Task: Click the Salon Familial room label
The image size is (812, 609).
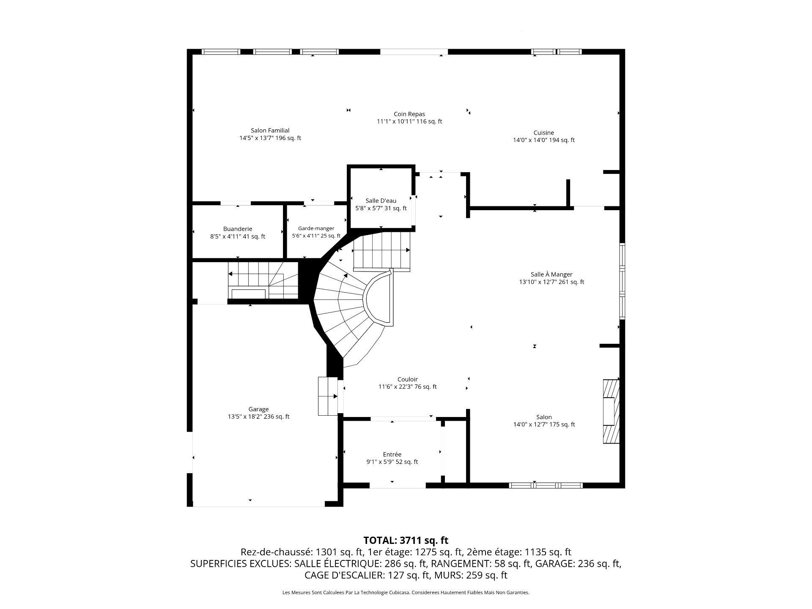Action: (x=270, y=131)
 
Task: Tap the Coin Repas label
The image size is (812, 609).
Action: (x=409, y=114)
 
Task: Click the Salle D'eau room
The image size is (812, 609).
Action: (x=381, y=204)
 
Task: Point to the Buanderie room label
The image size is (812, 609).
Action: (x=238, y=229)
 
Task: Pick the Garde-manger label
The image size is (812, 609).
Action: (x=316, y=228)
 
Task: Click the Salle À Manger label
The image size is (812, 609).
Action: (x=551, y=274)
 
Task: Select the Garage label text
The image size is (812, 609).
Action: (x=258, y=409)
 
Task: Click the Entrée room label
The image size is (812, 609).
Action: (x=392, y=455)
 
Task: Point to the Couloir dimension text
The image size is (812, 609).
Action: (x=407, y=387)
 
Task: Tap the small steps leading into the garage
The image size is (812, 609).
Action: (x=328, y=396)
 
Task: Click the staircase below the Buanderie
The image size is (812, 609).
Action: (x=262, y=280)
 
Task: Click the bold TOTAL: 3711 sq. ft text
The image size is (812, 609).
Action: (x=406, y=540)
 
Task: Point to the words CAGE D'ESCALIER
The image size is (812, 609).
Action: (x=343, y=575)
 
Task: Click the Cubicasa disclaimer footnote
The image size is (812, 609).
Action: (x=406, y=593)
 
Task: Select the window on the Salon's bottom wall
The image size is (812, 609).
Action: (x=546, y=486)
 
